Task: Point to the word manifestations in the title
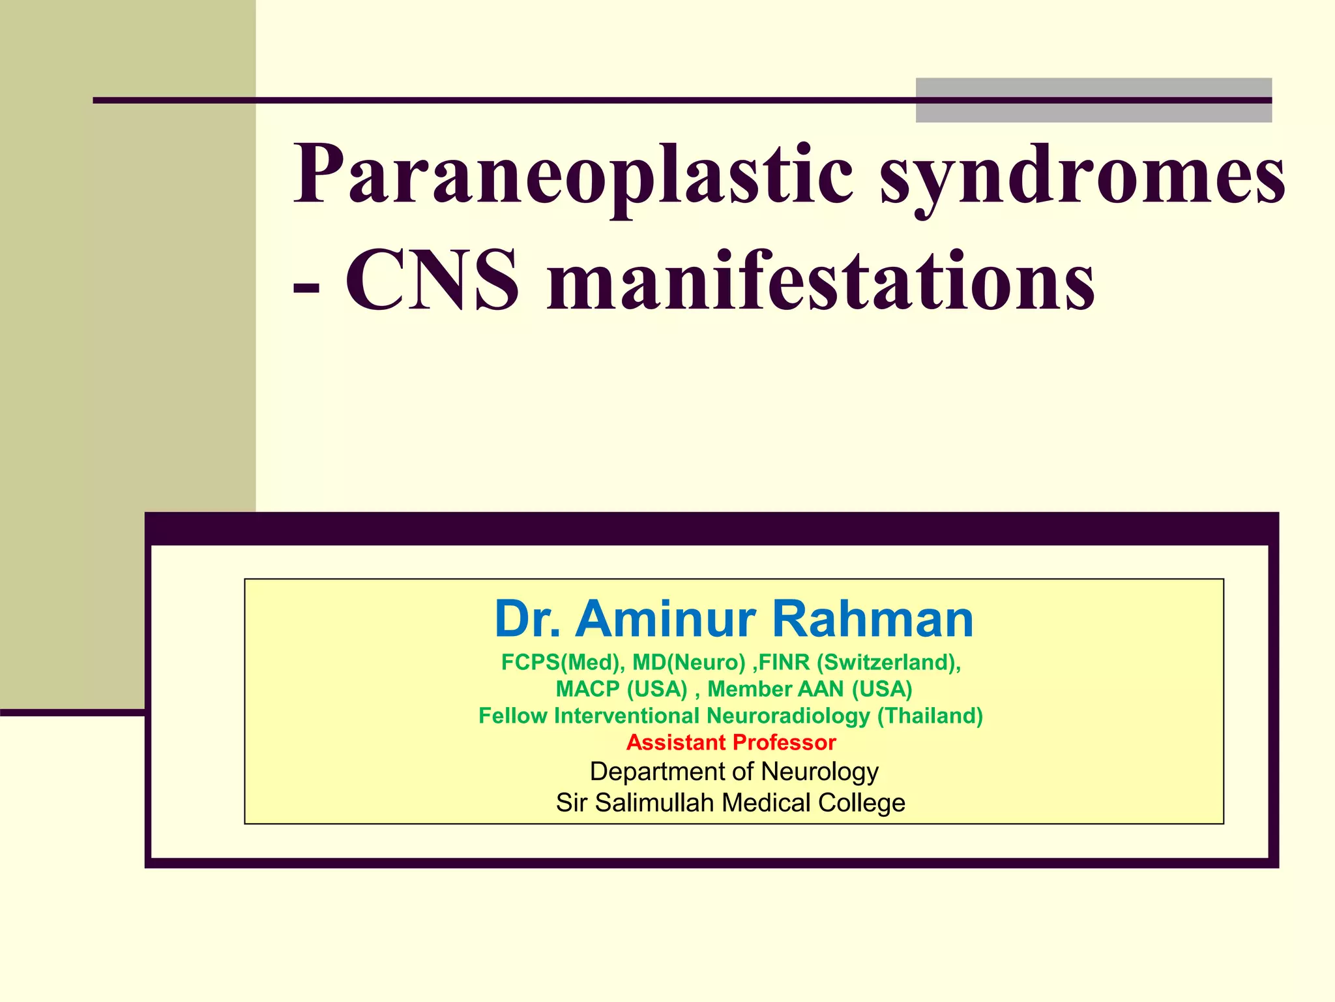[x=821, y=281]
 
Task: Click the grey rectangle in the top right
[x=1093, y=100]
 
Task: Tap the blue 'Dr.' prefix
[x=527, y=618]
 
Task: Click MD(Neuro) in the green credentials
[x=688, y=662]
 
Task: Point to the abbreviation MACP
[x=587, y=689]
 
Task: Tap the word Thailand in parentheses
[x=930, y=716]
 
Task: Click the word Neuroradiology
[x=787, y=716]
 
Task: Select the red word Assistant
[x=676, y=742]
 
